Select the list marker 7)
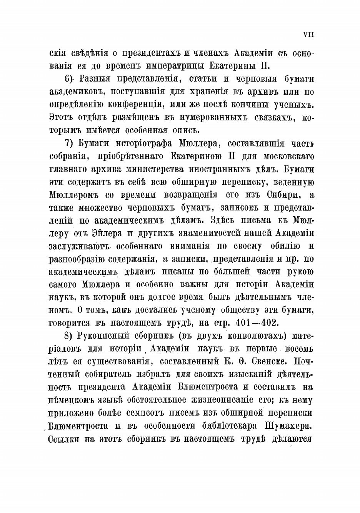[x=70, y=144]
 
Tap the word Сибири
[x=285, y=195]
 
